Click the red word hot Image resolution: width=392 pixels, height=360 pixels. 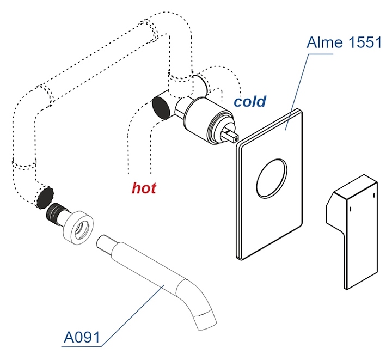pyautogui.click(x=144, y=188)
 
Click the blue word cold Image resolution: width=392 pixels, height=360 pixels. pyautogui.click(x=250, y=102)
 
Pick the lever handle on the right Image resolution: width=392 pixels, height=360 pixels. pyautogui.click(x=354, y=229)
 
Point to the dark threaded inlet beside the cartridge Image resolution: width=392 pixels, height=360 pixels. pyautogui.click(x=161, y=106)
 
